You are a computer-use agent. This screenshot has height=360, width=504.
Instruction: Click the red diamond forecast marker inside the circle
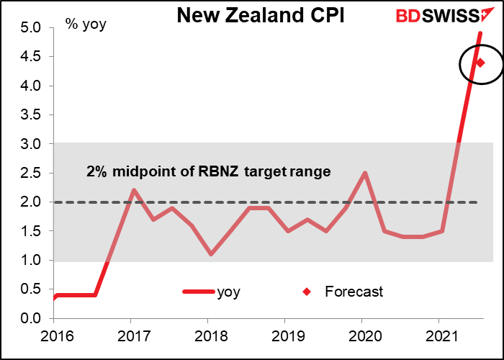tap(480, 63)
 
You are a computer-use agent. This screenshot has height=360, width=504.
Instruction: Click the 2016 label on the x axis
tap(54, 336)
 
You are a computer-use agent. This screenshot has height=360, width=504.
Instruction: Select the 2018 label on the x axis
tap(207, 336)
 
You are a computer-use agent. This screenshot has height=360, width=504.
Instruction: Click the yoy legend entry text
tap(229, 292)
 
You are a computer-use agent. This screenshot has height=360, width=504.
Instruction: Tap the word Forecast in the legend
tap(354, 292)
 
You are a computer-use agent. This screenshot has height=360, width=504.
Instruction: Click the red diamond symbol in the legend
tap(307, 292)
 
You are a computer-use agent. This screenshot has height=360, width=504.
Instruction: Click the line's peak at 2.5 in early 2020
tap(366, 173)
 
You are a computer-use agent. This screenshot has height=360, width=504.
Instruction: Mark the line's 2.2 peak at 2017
tap(135, 190)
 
